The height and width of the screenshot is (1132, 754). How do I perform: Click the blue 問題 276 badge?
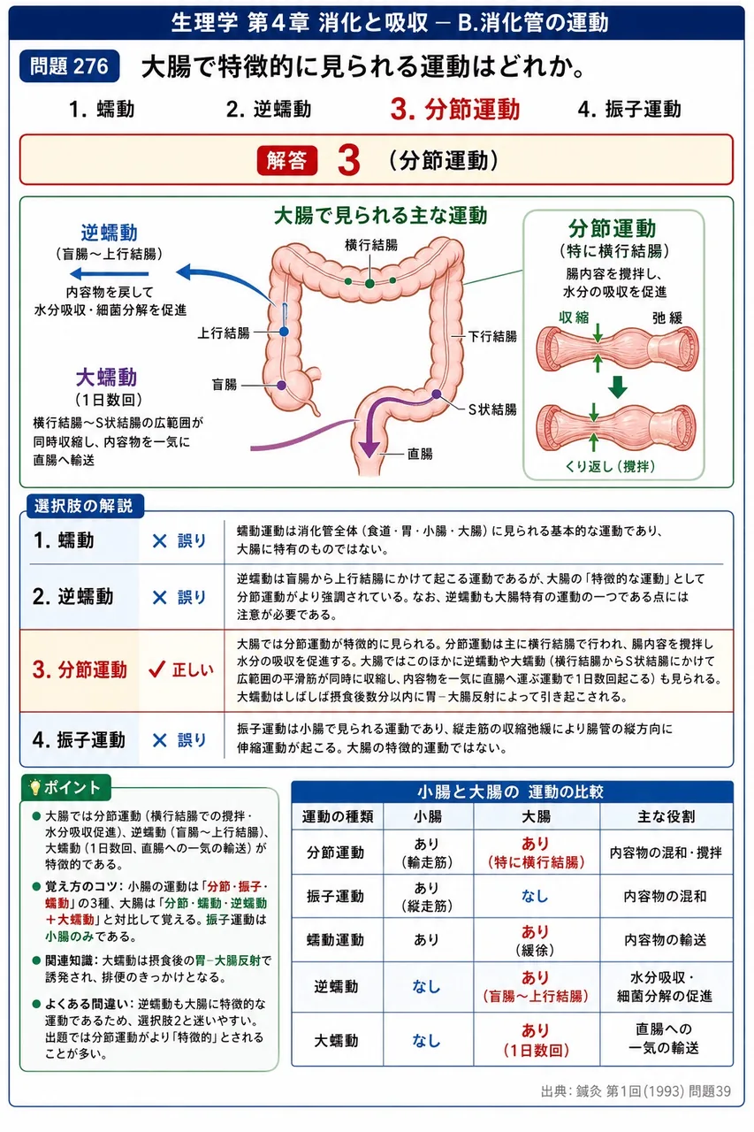coord(70,66)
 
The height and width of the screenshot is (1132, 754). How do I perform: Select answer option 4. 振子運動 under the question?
coord(629,109)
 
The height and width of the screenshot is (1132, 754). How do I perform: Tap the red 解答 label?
coord(287,161)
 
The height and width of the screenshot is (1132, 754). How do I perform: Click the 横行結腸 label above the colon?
coord(371,245)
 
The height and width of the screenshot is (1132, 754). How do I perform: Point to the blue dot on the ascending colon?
coord(285,332)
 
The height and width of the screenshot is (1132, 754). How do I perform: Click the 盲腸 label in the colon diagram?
coord(225,385)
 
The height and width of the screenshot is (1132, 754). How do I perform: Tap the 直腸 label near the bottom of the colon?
coord(420,454)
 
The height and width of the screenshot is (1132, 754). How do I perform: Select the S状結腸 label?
coord(492,409)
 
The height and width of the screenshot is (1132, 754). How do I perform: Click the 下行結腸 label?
coord(492,336)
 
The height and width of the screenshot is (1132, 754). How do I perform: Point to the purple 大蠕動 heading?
coord(107,378)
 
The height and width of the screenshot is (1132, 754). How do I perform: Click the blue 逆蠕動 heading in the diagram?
coord(109,233)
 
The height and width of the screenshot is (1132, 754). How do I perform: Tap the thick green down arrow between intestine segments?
coord(617,387)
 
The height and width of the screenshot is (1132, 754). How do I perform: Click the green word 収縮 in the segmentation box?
coord(574,317)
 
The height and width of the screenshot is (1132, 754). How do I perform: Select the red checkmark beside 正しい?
coord(156,669)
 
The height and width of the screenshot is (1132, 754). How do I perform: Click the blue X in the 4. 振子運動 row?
coord(160,740)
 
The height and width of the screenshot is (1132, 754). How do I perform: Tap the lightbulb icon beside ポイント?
coord(34,787)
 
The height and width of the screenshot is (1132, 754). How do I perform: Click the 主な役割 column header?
coord(666,816)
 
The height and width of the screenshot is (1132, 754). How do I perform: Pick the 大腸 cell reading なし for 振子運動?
coord(536,896)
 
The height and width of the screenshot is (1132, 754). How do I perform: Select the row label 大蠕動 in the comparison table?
coord(337,1041)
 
